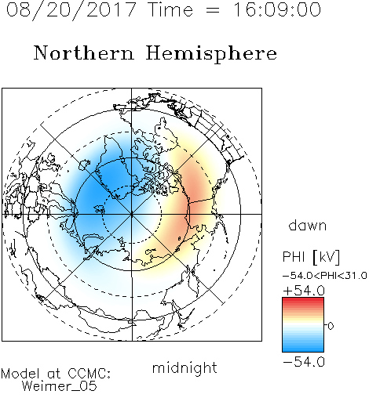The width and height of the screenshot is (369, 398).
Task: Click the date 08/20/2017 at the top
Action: [71, 10]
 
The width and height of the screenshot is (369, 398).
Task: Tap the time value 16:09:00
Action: [277, 9]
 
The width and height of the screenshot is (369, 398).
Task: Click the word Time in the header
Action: [170, 9]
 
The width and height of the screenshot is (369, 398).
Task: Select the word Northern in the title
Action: [84, 53]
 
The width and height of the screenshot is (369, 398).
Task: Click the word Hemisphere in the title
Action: [211, 54]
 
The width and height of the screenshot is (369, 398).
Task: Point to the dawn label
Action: [308, 225]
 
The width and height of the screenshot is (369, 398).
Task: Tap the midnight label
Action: [184, 368]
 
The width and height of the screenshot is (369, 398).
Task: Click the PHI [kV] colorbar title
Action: [311, 257]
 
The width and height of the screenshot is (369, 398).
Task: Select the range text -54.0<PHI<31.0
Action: [324, 276]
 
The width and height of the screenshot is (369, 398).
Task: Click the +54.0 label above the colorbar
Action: [304, 291]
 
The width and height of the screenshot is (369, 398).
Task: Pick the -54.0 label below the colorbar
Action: [304, 362]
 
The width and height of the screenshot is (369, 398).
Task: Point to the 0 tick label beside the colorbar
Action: [331, 326]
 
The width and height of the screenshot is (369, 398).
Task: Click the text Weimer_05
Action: [60, 386]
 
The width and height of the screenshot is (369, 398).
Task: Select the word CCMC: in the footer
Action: [90, 374]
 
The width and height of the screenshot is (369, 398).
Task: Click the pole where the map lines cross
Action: [132, 214]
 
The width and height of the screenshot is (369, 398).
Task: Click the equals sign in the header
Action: [213, 10]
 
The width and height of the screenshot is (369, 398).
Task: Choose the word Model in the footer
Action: [20, 374]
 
